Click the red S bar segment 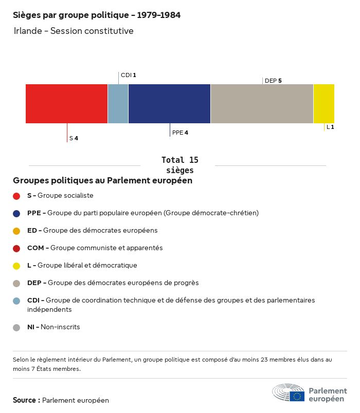coord(66,104)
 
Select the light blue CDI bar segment coord(118,104)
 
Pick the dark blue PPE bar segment coord(169,104)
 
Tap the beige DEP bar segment coord(262,104)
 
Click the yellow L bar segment coord(323,104)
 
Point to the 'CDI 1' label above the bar coord(128,75)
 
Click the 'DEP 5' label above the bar coord(273,81)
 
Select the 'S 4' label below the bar coord(74,138)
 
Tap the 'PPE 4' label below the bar coord(180,133)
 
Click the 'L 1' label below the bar coord(330,127)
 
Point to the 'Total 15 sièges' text coord(179,165)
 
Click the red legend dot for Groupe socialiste coord(16,196)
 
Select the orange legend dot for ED coord(16,231)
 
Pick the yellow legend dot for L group coord(16,266)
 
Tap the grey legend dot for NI coord(16,327)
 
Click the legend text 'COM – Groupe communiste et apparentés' coord(95,248)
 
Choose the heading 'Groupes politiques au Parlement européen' coord(102,181)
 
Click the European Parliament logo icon coord(289,392)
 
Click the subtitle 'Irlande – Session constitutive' coord(74,31)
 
